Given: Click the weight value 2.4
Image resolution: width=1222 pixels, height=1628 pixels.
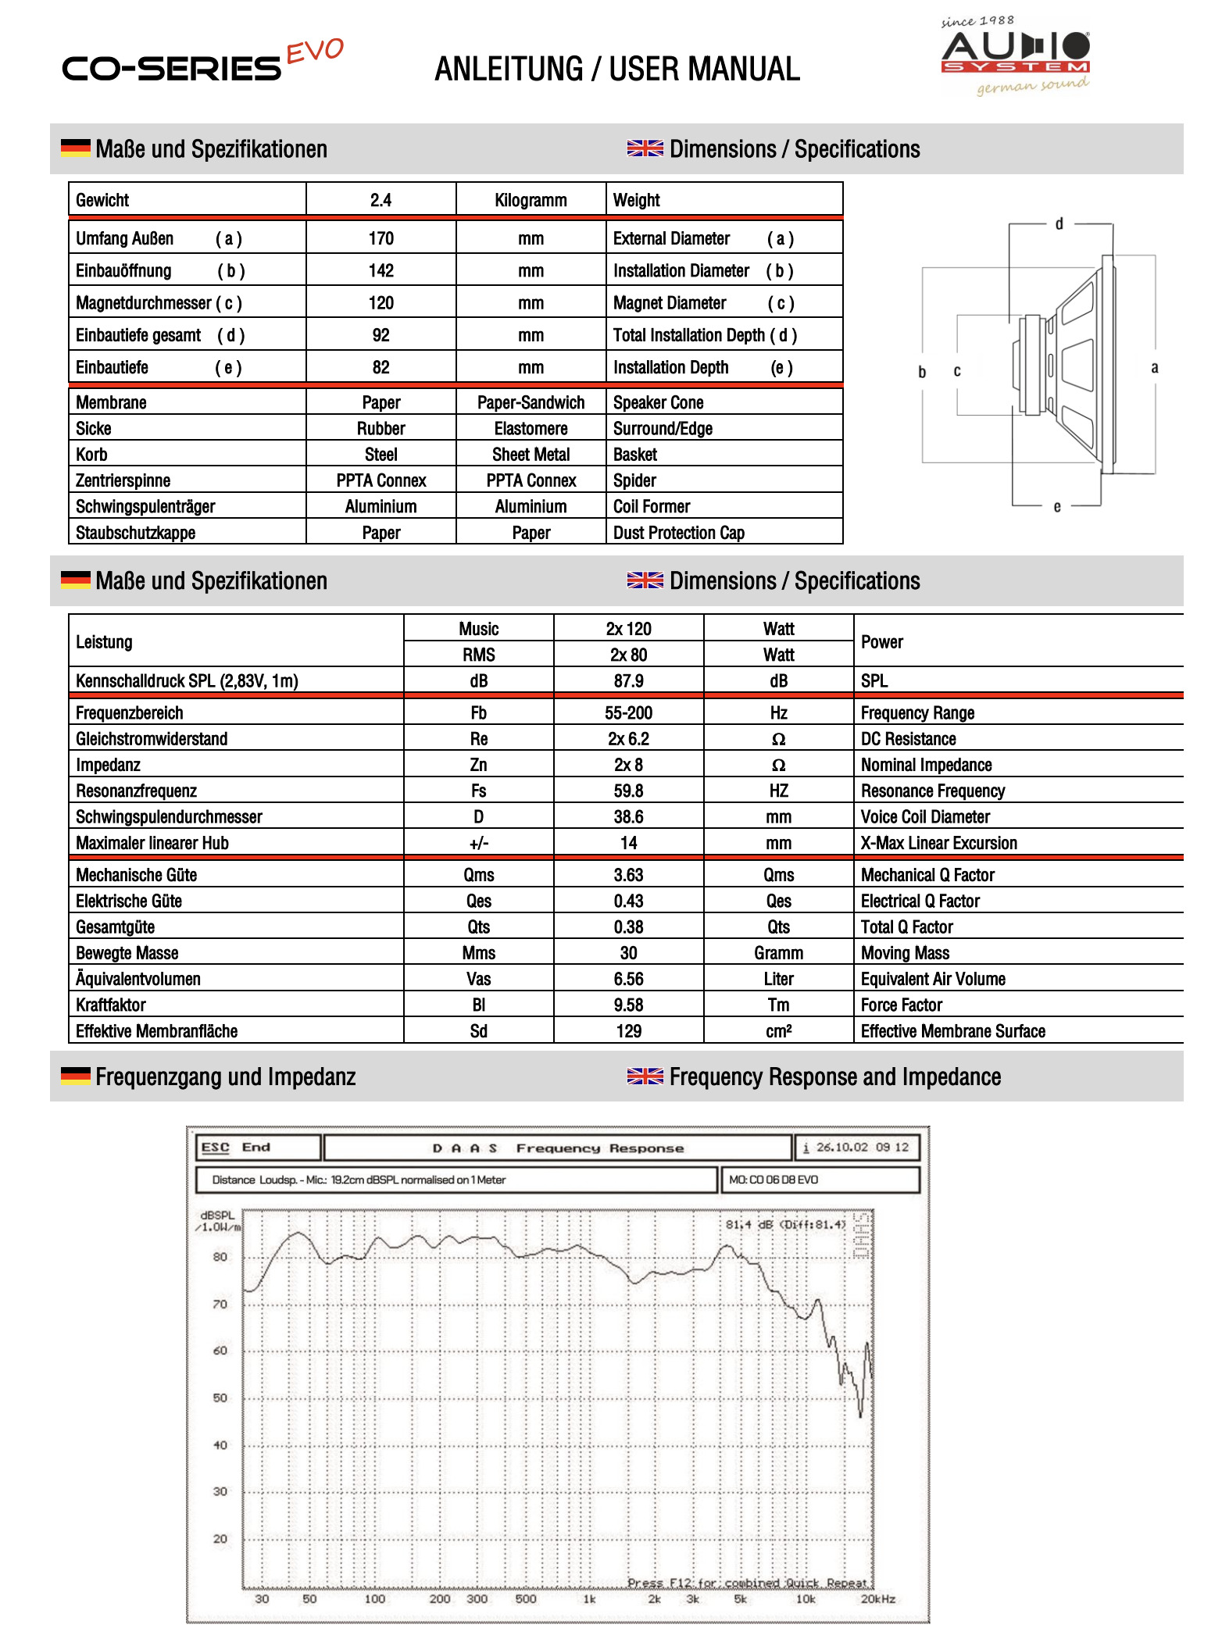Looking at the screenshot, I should (381, 200).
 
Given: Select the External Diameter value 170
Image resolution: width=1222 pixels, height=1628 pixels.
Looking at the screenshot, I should (381, 238).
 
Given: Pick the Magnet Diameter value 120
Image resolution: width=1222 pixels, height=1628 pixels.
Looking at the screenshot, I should (381, 303).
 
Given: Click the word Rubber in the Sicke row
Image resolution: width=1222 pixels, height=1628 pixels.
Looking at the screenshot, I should (381, 429).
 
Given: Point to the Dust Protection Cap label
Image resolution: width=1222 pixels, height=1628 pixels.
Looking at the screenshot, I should (678, 533).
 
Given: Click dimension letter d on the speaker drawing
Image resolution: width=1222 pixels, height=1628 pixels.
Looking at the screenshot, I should (1059, 224).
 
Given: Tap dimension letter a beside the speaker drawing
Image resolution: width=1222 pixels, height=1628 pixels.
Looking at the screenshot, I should (1154, 368).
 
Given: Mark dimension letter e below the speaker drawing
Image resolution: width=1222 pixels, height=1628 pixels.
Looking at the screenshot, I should (1056, 507).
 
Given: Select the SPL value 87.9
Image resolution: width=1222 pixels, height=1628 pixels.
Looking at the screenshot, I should (628, 681).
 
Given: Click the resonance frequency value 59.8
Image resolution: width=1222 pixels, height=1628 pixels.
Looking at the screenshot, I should (628, 791).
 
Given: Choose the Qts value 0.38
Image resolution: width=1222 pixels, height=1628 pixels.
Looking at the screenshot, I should (628, 927).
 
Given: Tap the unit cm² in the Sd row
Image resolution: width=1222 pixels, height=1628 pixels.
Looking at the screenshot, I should (778, 1031).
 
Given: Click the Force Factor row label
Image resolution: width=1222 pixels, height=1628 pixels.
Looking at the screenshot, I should (901, 1005).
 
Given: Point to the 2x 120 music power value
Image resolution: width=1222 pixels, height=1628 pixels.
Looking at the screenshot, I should (628, 629).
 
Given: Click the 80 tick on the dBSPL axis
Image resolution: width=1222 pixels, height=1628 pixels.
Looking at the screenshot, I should (220, 1257).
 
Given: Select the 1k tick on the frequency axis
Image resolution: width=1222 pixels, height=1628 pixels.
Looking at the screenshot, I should (589, 1599).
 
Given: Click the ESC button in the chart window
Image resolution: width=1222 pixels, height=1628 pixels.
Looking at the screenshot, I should (215, 1148).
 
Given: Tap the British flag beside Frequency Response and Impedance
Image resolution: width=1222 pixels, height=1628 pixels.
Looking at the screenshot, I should (645, 1076).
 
